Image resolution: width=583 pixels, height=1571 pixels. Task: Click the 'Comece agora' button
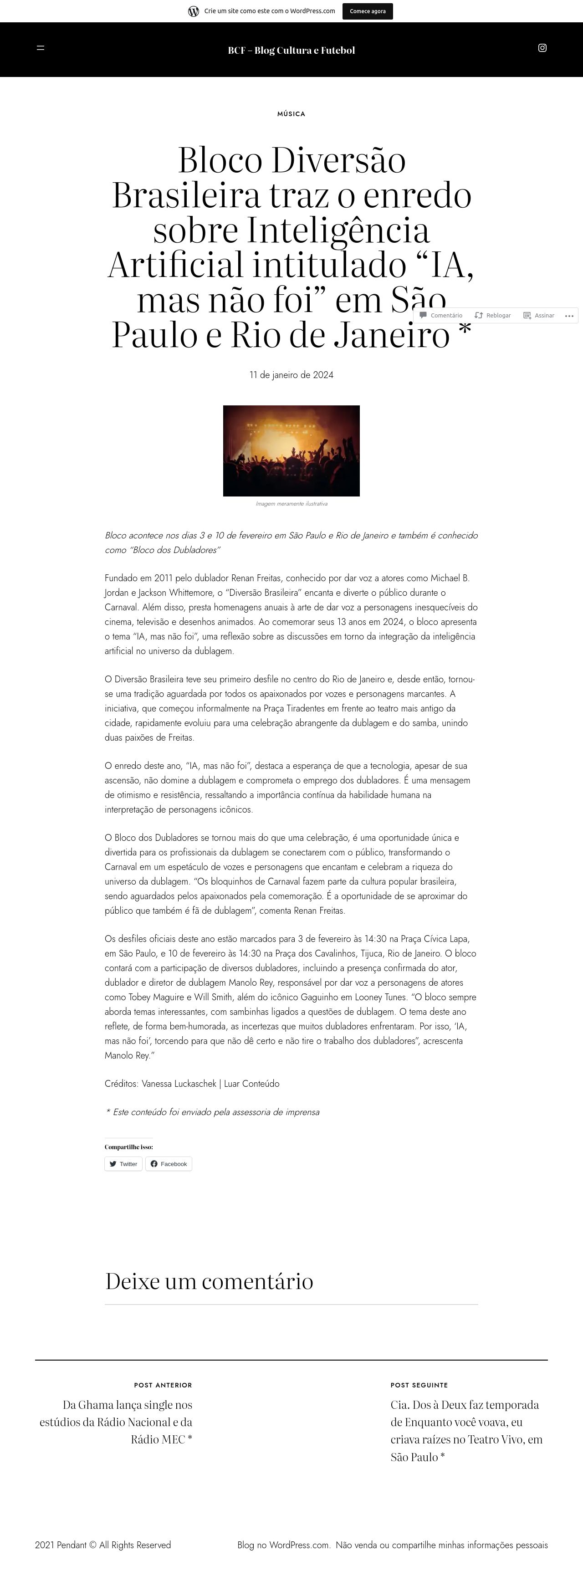pos(367,11)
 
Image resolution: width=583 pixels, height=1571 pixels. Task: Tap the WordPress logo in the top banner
pos(193,11)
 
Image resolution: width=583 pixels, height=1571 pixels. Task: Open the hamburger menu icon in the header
pos(40,47)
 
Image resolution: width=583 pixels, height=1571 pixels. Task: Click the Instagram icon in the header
pos(542,47)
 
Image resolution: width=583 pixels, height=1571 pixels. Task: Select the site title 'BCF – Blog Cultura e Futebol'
pos(291,50)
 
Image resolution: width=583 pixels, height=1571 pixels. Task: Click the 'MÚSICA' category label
pos(291,114)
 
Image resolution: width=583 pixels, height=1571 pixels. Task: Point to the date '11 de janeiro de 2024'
pos(291,374)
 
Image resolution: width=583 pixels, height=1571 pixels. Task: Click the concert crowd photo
pos(291,450)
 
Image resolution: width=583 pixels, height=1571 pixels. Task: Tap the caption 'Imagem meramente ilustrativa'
pos(291,504)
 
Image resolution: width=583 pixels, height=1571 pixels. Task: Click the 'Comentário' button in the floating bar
pos(441,315)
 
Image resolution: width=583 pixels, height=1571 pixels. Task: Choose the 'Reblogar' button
pos(493,315)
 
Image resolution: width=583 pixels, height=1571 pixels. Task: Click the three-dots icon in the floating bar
pos(569,315)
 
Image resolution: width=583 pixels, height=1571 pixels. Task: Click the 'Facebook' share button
pos(169,1164)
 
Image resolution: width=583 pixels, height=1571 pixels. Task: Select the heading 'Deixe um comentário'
pos(209,1281)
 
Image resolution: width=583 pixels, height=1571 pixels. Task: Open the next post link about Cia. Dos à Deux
pos(466,1430)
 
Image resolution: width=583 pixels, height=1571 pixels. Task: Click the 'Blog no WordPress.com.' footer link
pos(284,1545)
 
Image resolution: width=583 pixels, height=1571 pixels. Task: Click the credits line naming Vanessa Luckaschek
pos(192,1083)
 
